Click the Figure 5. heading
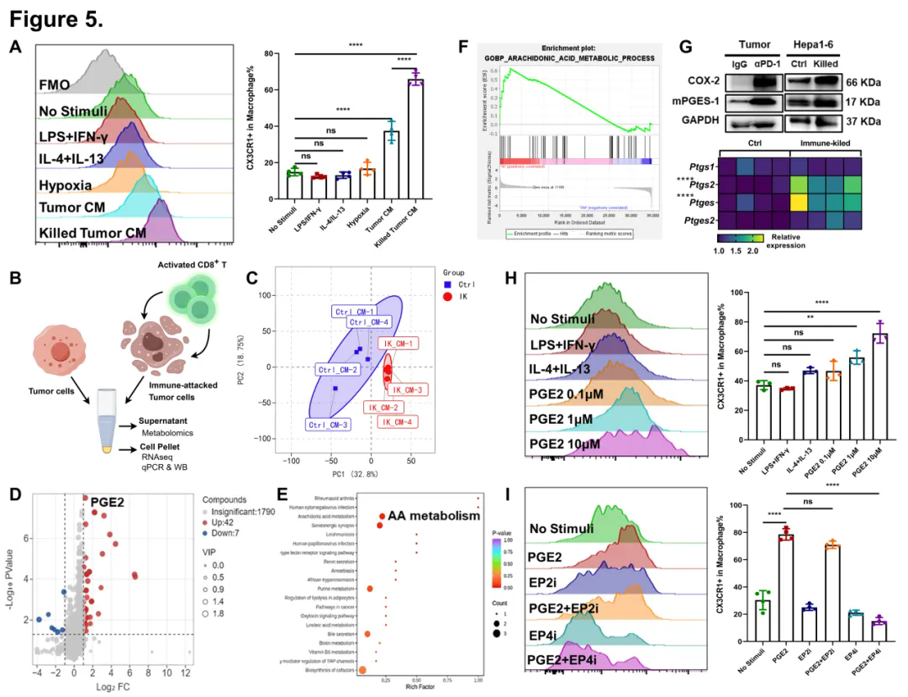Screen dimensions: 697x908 (x=56, y=18)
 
